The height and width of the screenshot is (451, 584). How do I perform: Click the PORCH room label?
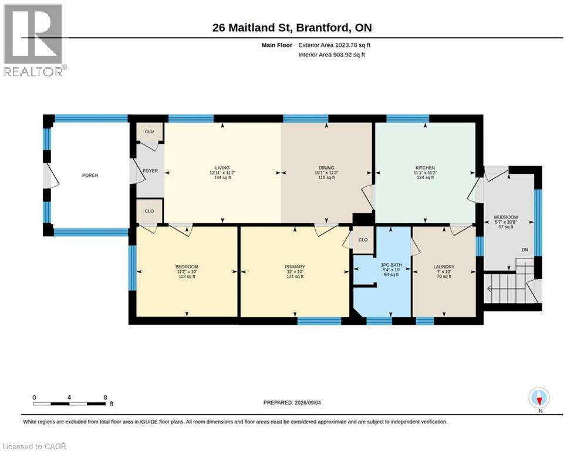pyautogui.click(x=90, y=175)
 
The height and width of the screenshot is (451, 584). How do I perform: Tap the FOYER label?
pyautogui.click(x=150, y=171)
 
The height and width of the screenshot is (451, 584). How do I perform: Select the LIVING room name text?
pyautogui.click(x=222, y=168)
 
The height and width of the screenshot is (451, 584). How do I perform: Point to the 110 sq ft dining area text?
pyautogui.click(x=326, y=178)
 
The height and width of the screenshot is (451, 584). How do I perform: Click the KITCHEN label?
pyautogui.click(x=426, y=168)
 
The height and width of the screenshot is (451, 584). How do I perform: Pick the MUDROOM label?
pyautogui.click(x=506, y=217)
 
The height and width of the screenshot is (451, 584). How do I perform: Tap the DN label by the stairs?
pyautogui.click(x=525, y=250)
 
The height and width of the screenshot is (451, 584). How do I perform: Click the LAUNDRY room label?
pyautogui.click(x=444, y=267)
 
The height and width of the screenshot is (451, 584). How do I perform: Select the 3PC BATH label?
pyautogui.click(x=391, y=265)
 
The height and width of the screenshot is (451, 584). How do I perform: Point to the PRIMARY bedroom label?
pyautogui.click(x=295, y=267)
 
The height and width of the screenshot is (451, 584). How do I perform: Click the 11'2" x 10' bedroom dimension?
pyautogui.click(x=187, y=272)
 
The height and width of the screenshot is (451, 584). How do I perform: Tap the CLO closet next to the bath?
pyautogui.click(x=363, y=240)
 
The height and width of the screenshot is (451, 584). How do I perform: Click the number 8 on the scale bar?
pyautogui.click(x=106, y=398)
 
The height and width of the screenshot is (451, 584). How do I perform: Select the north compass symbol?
pyautogui.click(x=539, y=398)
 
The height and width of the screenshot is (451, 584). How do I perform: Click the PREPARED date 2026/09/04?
pyautogui.click(x=308, y=402)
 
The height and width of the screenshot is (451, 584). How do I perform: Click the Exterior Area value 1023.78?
pyautogui.click(x=346, y=45)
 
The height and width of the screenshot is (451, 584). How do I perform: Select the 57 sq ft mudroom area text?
pyautogui.click(x=506, y=227)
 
